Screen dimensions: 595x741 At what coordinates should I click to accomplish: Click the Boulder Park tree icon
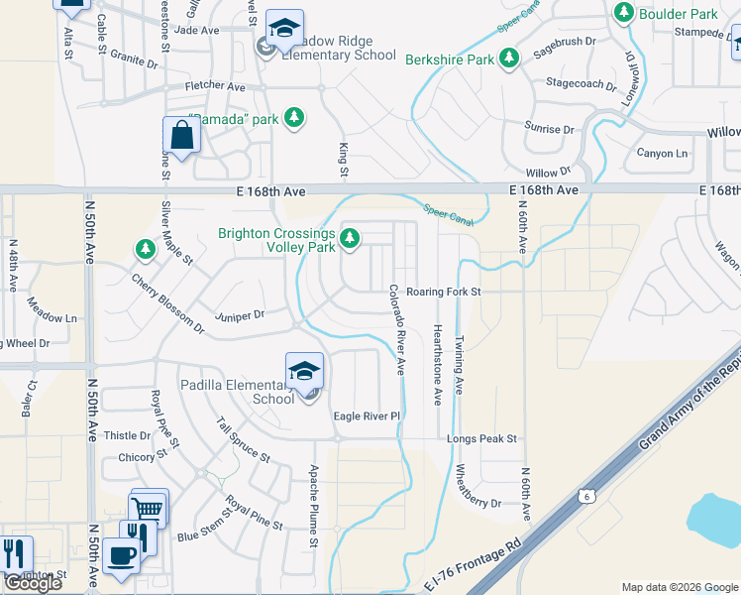624,13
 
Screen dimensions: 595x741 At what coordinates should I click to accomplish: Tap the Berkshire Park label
450,59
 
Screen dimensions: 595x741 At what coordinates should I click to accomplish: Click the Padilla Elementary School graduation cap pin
305,372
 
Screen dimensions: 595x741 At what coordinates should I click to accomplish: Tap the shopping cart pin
149,509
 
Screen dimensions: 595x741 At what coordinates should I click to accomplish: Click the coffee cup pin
122,556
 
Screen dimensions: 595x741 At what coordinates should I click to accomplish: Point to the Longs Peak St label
482,438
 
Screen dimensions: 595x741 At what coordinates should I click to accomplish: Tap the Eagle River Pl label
367,416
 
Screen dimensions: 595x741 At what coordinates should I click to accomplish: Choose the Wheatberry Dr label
478,490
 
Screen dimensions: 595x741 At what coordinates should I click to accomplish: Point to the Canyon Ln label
662,153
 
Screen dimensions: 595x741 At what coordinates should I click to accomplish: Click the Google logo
32,583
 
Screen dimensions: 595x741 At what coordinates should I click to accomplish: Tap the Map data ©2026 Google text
680,587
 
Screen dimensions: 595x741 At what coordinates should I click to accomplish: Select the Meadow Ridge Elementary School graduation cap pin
284,30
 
